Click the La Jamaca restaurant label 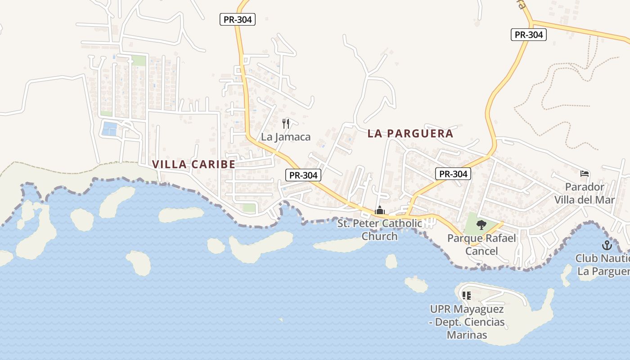(286, 137)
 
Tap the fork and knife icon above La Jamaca (285, 123)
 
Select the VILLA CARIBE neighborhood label (193, 164)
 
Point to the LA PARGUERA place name (410, 134)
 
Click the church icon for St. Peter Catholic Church (380, 210)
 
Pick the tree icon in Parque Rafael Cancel (481, 225)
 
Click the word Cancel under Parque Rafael (481, 251)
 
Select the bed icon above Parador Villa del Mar (585, 174)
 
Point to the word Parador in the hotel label (585, 187)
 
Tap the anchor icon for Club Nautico (607, 246)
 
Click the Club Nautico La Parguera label (603, 265)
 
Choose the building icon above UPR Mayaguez (466, 296)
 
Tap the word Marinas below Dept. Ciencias (467, 335)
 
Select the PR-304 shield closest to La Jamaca (303, 175)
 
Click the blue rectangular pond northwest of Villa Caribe (109, 129)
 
